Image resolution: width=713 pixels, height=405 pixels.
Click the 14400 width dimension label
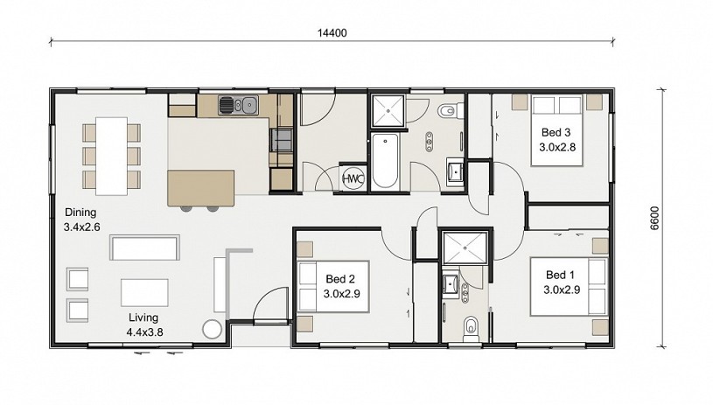332,32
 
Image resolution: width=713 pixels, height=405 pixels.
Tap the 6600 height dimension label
654,218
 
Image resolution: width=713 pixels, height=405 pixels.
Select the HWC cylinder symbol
353,178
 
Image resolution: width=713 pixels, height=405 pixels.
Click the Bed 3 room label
556,132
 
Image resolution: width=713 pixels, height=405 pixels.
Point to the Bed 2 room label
340,279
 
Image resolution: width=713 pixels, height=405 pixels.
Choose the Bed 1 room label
560,275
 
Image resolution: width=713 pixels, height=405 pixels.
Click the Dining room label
80,213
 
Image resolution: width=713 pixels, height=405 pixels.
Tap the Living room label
143,318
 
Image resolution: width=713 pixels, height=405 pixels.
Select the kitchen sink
238,105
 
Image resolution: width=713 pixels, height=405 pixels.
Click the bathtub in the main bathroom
385,161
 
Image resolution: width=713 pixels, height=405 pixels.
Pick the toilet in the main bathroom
451,110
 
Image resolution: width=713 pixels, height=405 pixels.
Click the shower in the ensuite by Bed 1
465,248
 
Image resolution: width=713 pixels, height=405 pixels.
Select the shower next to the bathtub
388,110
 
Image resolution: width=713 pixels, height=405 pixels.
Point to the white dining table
111,156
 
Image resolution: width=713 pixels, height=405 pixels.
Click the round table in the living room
212,330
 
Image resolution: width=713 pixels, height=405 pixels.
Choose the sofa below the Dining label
144,248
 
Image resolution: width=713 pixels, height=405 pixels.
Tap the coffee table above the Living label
144,293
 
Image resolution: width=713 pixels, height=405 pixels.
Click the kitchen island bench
201,188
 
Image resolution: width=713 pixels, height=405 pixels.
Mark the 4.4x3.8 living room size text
144,332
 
